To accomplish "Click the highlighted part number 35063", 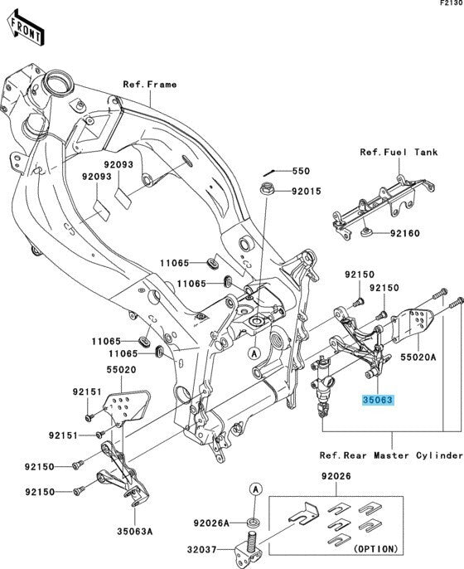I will point(377,399).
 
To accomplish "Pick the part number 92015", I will point(305,192).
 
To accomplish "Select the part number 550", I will point(299,172).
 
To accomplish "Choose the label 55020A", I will point(419,353).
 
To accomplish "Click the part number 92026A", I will point(212,523).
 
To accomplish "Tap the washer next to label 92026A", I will point(254,523).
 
